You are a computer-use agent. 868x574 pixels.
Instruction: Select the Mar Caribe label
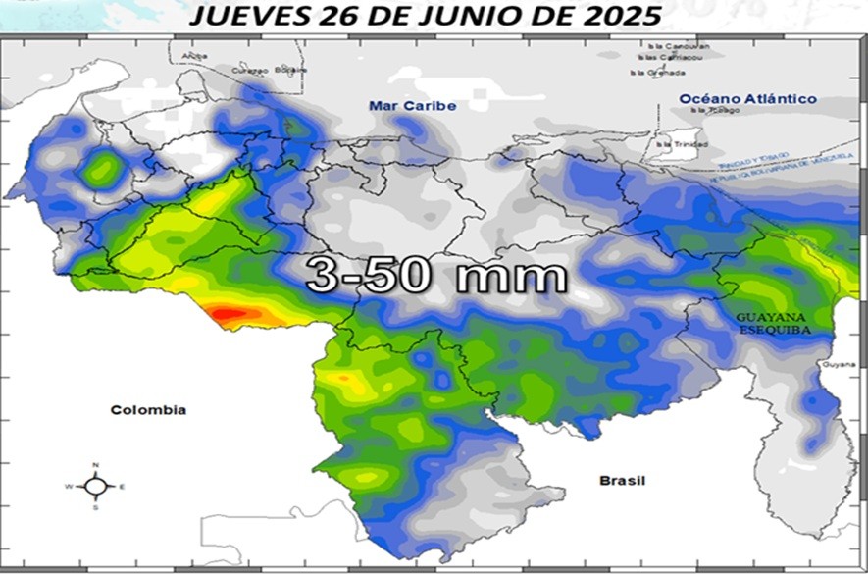point(399,106)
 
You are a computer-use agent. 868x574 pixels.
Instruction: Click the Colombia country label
point(148,410)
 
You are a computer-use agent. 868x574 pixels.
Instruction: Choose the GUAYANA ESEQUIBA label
point(774,324)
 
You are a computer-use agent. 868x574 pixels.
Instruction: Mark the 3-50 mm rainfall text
point(436,275)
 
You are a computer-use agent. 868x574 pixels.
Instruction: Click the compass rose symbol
point(95,486)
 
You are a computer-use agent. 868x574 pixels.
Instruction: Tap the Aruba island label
point(195,56)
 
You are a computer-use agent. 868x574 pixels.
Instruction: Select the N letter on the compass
point(95,465)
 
